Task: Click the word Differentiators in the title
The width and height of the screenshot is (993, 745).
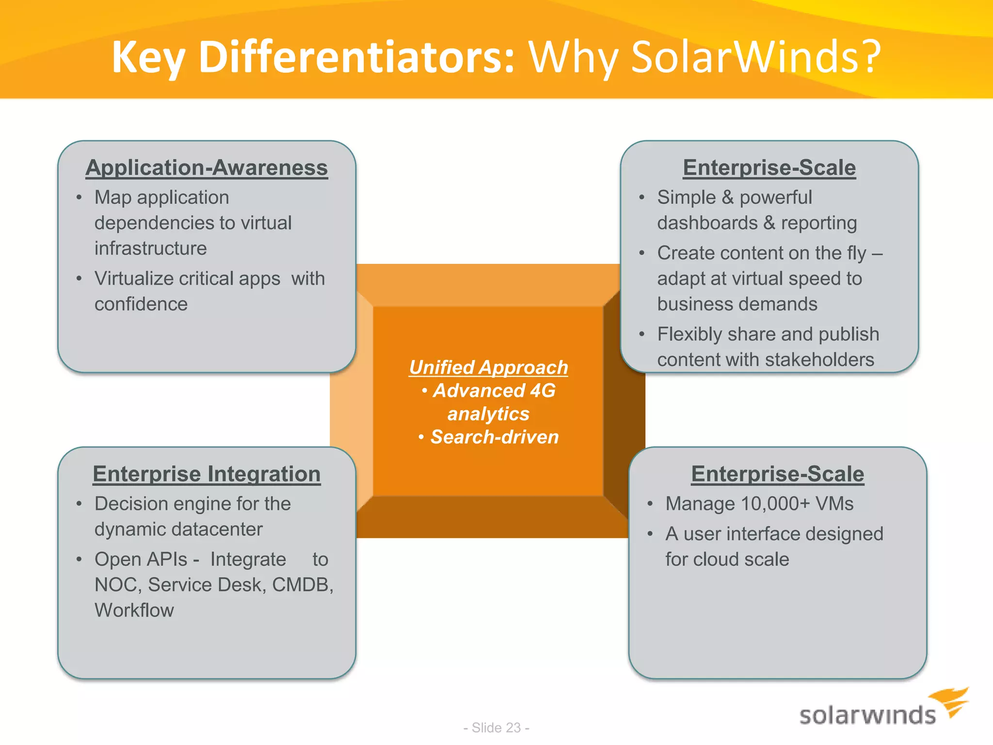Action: (356, 57)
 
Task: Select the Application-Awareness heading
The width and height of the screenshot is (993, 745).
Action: (207, 168)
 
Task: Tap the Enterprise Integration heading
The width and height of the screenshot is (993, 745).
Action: (207, 474)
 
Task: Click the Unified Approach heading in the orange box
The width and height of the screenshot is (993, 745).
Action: (488, 367)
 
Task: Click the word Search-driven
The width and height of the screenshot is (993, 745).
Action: (495, 437)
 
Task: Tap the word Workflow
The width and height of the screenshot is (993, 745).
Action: (134, 610)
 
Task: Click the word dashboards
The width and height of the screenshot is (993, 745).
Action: (707, 223)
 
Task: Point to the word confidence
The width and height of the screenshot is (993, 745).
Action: (141, 304)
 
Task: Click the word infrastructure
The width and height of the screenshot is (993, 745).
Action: (151, 248)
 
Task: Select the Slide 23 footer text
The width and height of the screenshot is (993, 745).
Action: (496, 728)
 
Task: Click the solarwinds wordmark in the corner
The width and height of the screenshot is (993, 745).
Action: (867, 715)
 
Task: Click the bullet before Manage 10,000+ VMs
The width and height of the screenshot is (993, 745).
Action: (651, 504)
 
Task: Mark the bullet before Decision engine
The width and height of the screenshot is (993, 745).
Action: (79, 504)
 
